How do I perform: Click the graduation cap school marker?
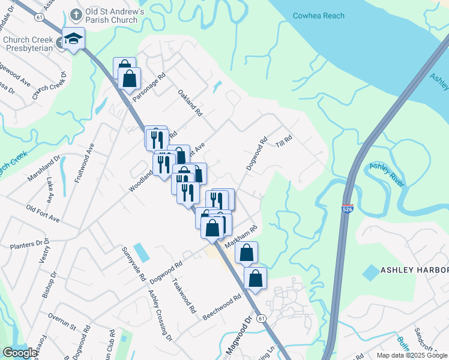click(x=73, y=39)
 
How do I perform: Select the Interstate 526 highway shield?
click(x=348, y=209)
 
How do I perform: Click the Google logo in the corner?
click(x=20, y=353)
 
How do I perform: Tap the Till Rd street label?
click(x=283, y=142)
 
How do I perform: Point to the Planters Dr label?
click(x=29, y=244)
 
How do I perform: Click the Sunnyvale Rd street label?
click(x=133, y=264)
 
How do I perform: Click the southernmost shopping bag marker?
click(x=255, y=279)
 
